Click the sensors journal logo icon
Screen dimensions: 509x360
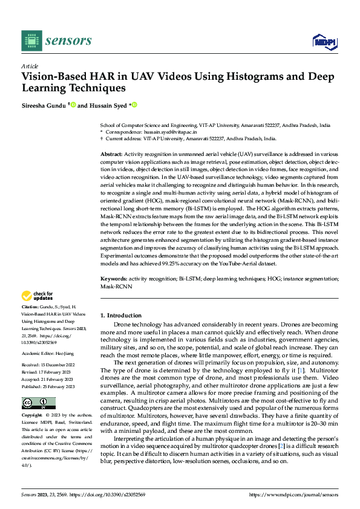[x=31, y=41]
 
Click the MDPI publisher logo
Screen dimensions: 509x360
[x=324, y=41]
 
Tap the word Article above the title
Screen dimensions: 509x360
[x=30, y=66]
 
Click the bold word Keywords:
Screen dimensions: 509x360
[x=113, y=279]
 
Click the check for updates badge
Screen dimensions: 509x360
[x=37, y=296]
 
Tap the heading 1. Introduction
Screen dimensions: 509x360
[x=121, y=316]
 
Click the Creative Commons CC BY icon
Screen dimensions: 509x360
[x=38, y=403]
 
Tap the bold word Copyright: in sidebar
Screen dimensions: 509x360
[x=33, y=416]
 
